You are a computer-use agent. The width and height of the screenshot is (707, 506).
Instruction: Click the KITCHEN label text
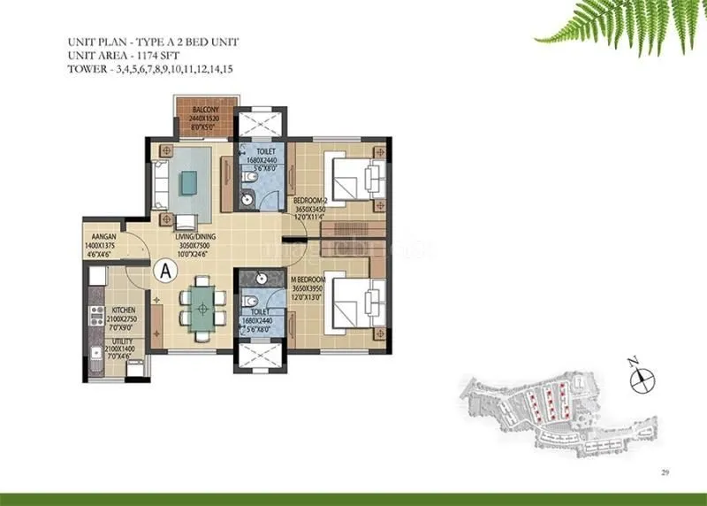point(123,310)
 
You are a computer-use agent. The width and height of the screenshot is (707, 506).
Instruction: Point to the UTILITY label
point(123,340)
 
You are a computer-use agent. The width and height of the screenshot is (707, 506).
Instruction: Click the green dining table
point(202,308)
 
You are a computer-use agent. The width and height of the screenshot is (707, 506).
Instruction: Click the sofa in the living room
point(159,179)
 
